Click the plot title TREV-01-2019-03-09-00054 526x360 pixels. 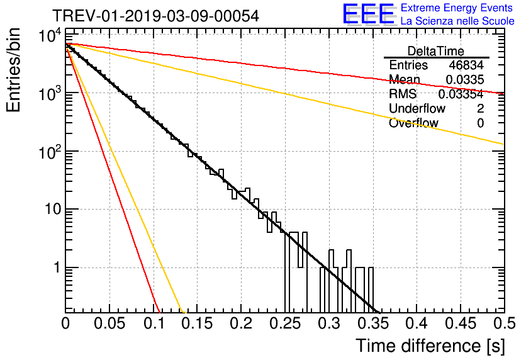pos(155,16)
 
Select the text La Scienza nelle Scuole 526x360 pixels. pos(457,21)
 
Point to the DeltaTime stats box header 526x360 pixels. pos(436,51)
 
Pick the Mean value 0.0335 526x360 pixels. pos(464,80)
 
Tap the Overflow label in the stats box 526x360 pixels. pos(413,123)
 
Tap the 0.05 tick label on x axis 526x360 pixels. pos(109,324)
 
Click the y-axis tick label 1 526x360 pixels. pos(55,267)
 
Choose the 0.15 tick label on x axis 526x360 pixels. pos(197,324)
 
